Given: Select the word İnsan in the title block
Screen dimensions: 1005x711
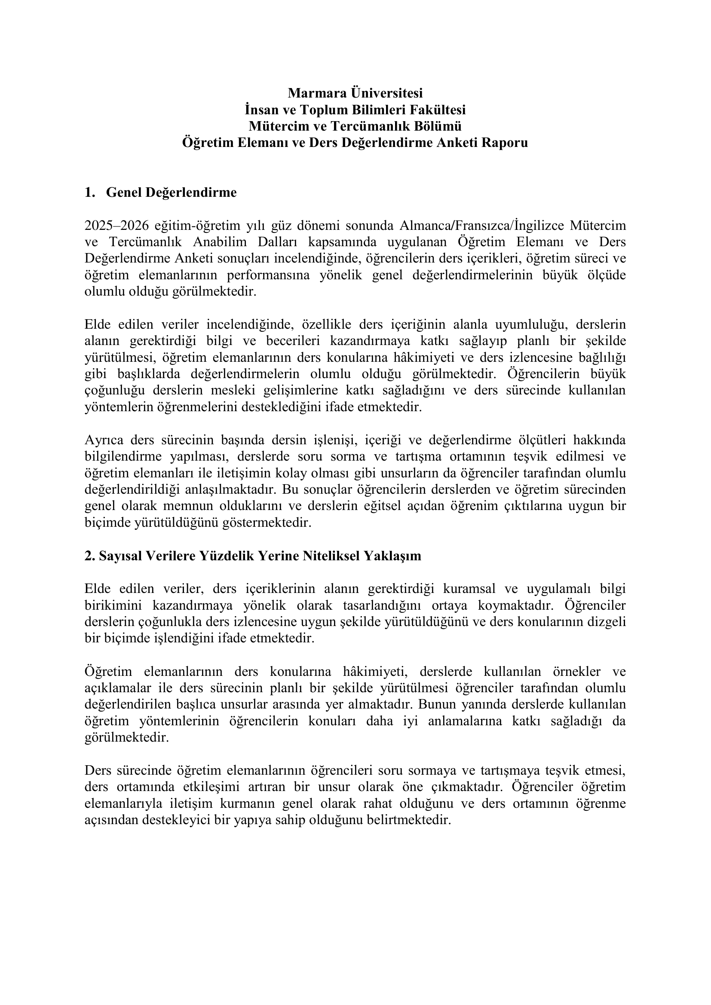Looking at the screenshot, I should [x=262, y=110].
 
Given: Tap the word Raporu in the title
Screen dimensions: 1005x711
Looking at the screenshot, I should [x=505, y=143].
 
